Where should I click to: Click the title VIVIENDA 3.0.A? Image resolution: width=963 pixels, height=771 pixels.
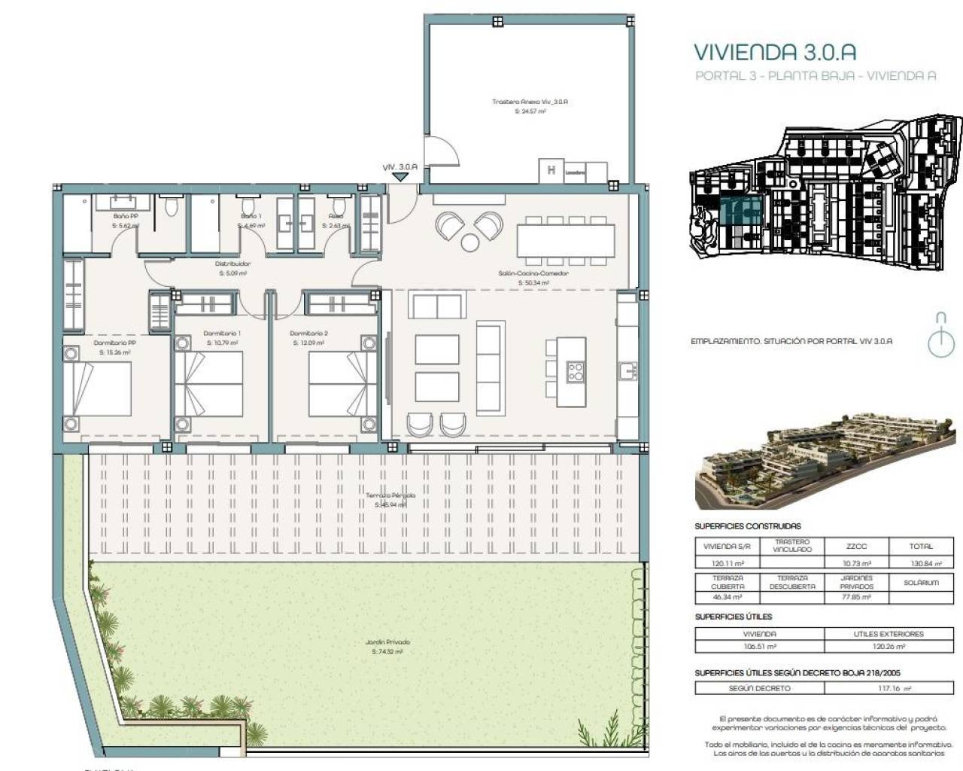pos(774,52)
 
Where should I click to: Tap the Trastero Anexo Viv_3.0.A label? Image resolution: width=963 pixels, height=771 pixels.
pos(530,101)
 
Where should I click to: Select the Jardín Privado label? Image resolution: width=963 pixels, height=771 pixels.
pos(387,642)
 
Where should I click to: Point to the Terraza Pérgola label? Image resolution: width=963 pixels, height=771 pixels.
pos(390,495)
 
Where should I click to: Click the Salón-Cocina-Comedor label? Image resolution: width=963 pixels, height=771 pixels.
pos(533,273)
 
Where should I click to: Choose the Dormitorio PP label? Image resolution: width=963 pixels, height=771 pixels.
pos(114,343)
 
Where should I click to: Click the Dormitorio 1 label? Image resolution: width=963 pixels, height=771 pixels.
pos(222,333)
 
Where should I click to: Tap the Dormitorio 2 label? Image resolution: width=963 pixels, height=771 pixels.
pos(308,333)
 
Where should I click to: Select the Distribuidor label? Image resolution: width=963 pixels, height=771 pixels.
pos(232,264)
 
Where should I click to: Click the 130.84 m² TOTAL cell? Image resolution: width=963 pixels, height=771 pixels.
pos(920,563)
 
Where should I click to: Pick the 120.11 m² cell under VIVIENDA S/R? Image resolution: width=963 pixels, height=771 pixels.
pos(728,563)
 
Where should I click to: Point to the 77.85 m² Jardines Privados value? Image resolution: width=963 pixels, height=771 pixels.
pos(856,597)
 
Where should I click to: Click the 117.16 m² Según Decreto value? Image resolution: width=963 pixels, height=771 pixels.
pos(889,688)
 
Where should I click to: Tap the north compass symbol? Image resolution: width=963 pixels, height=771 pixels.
pos(940,334)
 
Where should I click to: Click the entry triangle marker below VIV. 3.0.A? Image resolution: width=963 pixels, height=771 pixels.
pos(400,178)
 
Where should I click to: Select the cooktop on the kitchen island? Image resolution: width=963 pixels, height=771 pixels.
pos(576,371)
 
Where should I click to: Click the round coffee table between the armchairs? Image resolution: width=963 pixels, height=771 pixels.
pos(470,242)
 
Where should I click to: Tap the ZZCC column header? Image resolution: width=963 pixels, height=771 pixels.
pos(856,547)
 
